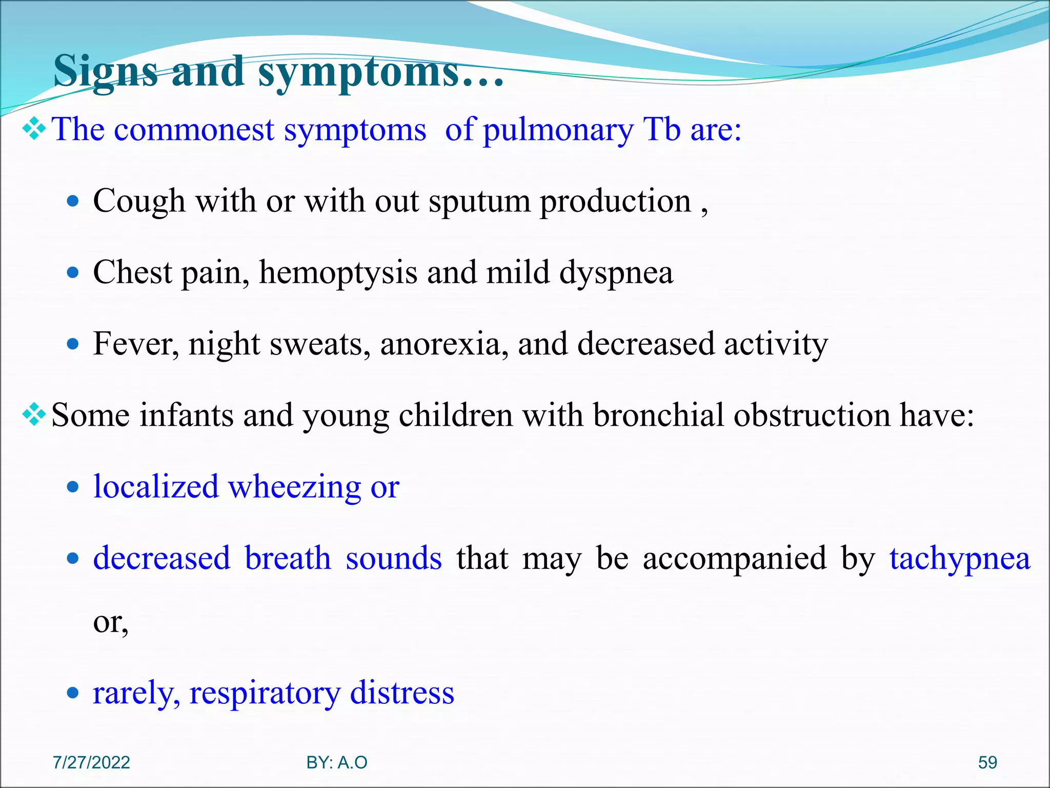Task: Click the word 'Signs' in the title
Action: tap(106, 72)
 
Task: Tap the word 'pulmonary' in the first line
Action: tap(558, 130)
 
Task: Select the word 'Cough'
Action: tap(139, 201)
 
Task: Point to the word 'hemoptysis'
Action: tap(338, 272)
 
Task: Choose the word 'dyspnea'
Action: tap(616, 273)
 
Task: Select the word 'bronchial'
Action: tap(658, 415)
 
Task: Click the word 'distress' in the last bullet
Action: tap(402, 693)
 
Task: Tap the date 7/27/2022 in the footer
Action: tap(91, 763)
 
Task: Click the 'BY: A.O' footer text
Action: tap(337, 763)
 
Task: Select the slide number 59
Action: tap(987, 763)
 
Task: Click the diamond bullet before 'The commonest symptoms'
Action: tap(34, 129)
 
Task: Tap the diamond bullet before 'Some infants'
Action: tap(34, 415)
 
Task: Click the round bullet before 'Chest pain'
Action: tap(73, 272)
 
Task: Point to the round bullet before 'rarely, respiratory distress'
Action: tap(73, 694)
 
